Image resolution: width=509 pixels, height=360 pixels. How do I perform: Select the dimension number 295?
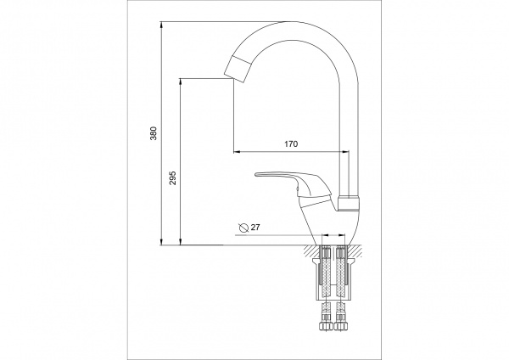click(173, 178)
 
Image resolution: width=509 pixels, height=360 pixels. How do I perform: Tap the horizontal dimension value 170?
click(291, 144)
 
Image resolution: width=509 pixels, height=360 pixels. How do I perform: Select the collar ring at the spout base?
click(350, 202)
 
